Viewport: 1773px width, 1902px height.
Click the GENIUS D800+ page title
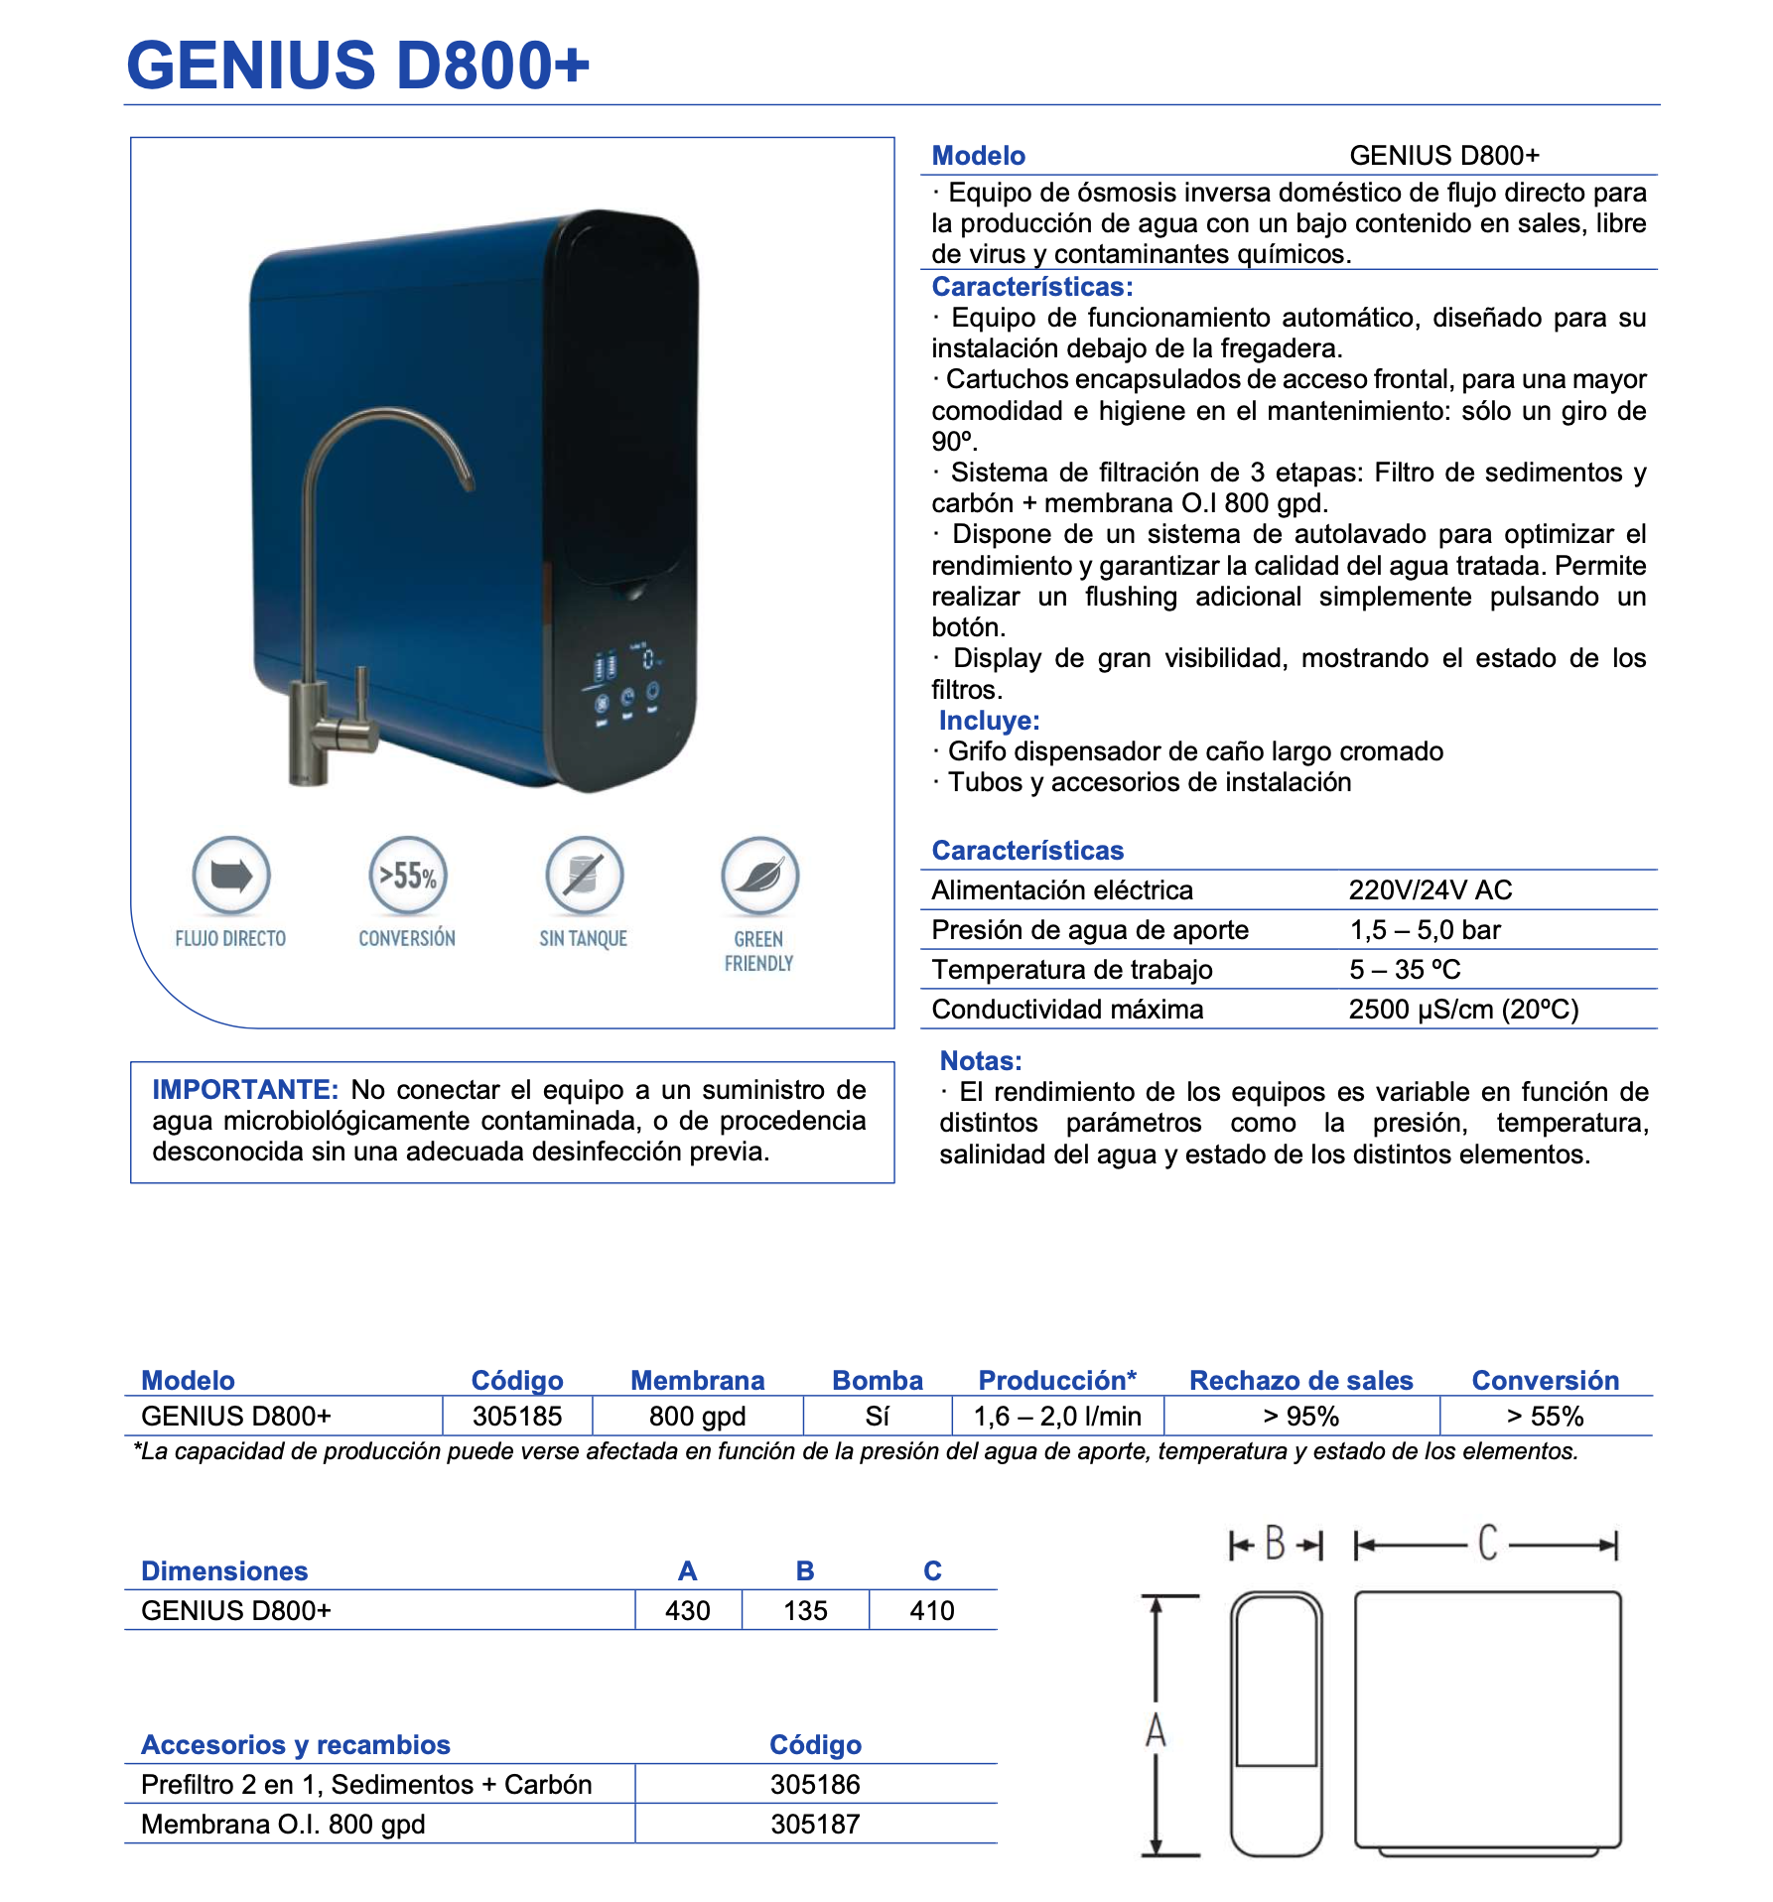coord(357,66)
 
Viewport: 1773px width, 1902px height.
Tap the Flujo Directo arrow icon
coord(231,876)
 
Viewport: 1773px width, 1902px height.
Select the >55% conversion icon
coord(407,876)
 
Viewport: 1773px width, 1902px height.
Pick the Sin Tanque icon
coord(584,876)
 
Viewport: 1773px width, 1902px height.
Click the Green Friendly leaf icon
coord(759,876)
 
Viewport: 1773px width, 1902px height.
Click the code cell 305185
coord(517,1416)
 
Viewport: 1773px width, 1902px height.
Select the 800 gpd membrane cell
coord(697,1416)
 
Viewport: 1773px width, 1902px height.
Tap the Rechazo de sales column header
coord(1300,1380)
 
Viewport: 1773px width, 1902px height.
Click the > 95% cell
coord(1300,1416)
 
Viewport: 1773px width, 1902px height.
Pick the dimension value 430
coord(687,1610)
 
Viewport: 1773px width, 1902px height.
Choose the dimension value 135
coord(805,1610)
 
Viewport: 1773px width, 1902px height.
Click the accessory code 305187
coord(815,1824)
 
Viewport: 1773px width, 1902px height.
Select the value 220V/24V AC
coord(1430,889)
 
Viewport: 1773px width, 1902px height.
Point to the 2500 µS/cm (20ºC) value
coord(1463,1009)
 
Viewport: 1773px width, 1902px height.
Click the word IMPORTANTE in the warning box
coord(245,1089)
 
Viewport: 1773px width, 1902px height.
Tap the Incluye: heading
coord(989,720)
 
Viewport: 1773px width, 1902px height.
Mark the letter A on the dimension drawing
coord(1156,1730)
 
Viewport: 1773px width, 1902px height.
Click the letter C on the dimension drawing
coord(1487,1544)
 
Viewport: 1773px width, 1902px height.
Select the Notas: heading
coord(981,1060)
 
